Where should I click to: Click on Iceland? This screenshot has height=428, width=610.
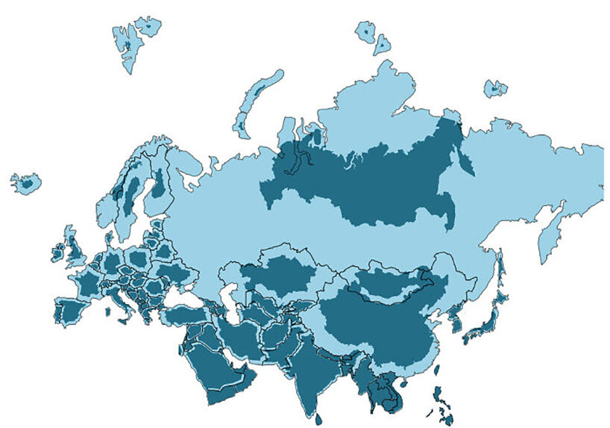(27, 182)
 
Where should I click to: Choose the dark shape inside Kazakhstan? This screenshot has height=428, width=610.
(280, 273)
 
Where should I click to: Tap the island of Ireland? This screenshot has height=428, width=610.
(57, 252)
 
